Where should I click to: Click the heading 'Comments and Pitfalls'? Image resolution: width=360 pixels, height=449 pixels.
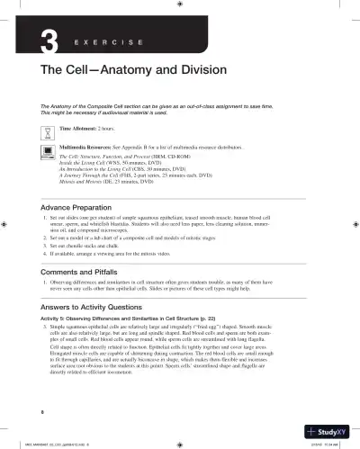(x=76, y=271)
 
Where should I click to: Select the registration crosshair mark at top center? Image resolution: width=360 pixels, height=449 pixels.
(x=180, y=4)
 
